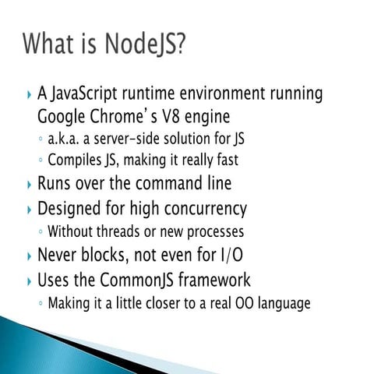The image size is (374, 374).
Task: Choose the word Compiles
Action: point(76,161)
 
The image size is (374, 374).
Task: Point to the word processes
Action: point(214,231)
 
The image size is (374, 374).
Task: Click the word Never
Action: point(60,255)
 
